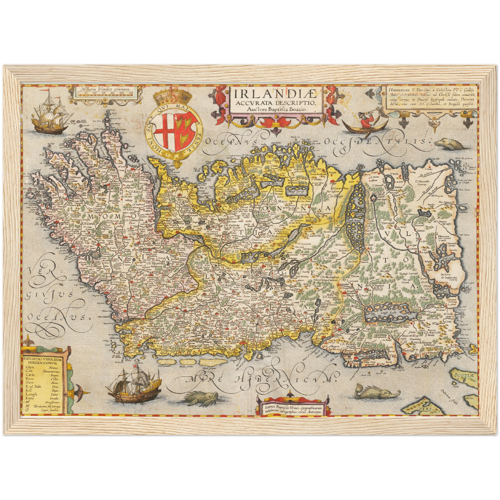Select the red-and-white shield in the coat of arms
[176, 133]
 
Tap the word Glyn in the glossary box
[30, 367]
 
